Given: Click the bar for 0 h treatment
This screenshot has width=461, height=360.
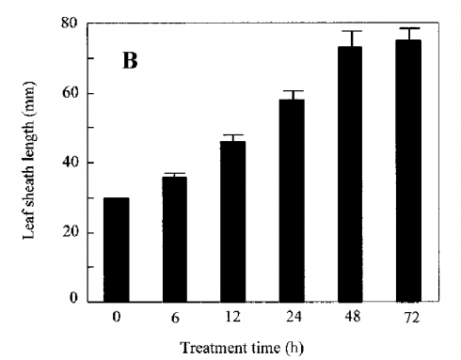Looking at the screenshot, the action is [117, 250].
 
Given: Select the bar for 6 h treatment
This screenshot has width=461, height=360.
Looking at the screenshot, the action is [175, 240].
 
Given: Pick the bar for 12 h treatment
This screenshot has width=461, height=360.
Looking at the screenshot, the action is [232, 222].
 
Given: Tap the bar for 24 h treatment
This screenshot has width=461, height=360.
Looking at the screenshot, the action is [292, 201].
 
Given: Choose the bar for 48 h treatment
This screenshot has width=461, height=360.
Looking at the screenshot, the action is [350, 175].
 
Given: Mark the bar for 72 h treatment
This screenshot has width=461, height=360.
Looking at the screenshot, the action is [408, 171].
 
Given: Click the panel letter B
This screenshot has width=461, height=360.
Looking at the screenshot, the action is [130, 61].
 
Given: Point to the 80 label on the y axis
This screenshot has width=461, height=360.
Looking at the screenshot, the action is [70, 23].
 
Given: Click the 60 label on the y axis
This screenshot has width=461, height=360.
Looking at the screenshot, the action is [70, 93].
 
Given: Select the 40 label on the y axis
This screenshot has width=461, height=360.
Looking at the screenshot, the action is [70, 163].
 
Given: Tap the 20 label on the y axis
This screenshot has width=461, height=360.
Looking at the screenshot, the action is [70, 233].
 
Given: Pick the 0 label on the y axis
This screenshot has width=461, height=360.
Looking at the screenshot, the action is [73, 298].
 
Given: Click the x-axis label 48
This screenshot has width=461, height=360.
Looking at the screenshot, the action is [353, 317].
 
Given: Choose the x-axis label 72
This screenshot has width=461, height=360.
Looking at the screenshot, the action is [411, 317].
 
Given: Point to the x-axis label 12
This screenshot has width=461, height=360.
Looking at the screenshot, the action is [232, 317].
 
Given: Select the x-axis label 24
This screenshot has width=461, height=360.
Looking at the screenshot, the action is [294, 317].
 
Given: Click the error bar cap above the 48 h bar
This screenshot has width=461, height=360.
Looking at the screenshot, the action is [350, 31].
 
